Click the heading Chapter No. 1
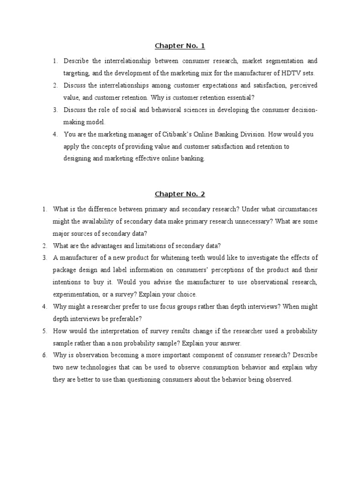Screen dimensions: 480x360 pos(180,46)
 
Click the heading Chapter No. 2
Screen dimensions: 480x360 pos(180,194)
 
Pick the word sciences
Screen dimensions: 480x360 pos(178,110)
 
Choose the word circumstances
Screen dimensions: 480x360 pos(294,209)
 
